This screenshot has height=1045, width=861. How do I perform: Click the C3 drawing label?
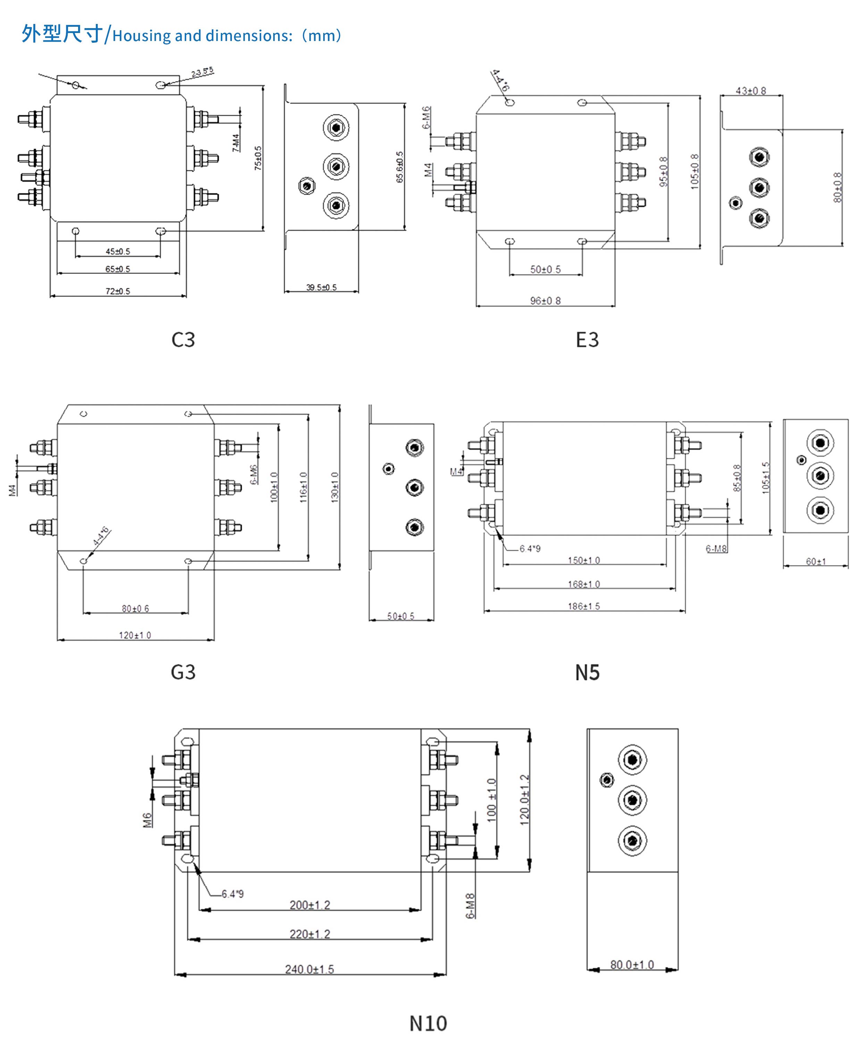click(183, 340)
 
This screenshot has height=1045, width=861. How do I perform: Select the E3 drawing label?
click(587, 340)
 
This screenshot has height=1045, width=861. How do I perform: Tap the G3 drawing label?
click(183, 672)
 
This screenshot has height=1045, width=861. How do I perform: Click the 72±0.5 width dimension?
click(118, 291)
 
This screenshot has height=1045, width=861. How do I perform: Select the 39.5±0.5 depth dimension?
click(321, 287)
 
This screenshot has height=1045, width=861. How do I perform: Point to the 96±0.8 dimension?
click(545, 301)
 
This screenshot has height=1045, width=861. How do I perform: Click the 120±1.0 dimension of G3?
click(135, 635)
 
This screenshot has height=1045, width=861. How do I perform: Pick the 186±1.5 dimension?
click(584, 606)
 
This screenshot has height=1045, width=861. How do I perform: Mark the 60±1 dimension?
click(816, 562)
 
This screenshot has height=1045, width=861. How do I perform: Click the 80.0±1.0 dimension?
click(632, 965)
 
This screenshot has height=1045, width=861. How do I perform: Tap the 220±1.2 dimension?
click(309, 934)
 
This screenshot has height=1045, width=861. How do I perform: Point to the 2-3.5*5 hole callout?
click(202, 73)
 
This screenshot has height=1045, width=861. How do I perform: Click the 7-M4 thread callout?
click(236, 142)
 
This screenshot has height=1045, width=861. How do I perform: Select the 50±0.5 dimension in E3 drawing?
click(545, 270)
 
